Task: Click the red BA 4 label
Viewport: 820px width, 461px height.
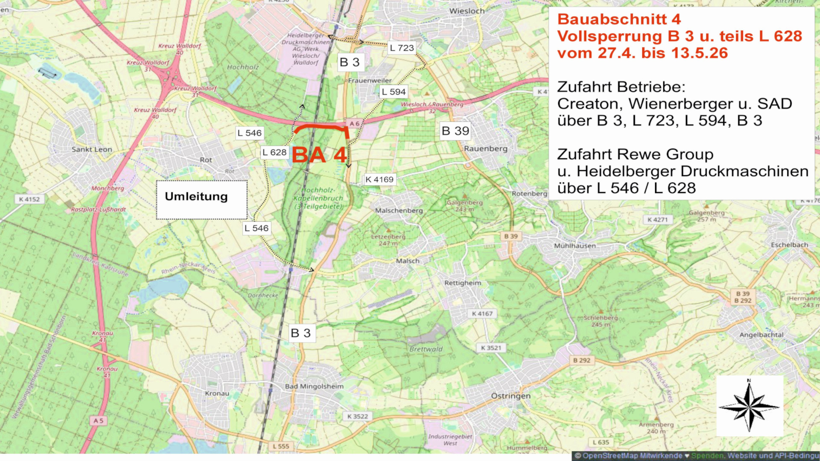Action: pos(319,155)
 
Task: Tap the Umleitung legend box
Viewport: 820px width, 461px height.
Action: pos(201,199)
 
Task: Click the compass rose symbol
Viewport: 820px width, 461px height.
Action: pos(749,407)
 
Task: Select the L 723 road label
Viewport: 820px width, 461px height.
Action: pos(402,48)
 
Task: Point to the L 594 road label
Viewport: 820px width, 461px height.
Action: pos(394,92)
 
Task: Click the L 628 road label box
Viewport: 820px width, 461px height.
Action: pos(274,152)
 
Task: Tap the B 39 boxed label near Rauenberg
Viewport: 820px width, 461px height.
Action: pos(455,131)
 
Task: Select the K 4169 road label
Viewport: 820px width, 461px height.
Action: pos(379,179)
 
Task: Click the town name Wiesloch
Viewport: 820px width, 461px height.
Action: pos(466,11)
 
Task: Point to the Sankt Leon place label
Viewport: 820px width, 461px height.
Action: pos(92,150)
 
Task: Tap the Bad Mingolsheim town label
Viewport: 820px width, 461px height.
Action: pos(314,386)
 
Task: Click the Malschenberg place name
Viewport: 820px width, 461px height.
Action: pos(399,211)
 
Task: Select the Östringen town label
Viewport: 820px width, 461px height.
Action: pos(510,396)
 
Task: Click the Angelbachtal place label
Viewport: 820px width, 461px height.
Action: pos(761,335)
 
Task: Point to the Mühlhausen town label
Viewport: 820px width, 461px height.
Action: pos(575,246)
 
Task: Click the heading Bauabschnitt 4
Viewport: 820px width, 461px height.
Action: pos(619,19)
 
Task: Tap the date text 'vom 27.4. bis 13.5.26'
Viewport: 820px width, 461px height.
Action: pos(642,53)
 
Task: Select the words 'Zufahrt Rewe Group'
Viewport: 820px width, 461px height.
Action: pos(635,154)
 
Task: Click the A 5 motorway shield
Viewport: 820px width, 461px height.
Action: pos(98,421)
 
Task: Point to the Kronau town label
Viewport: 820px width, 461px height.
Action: pos(217,393)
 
